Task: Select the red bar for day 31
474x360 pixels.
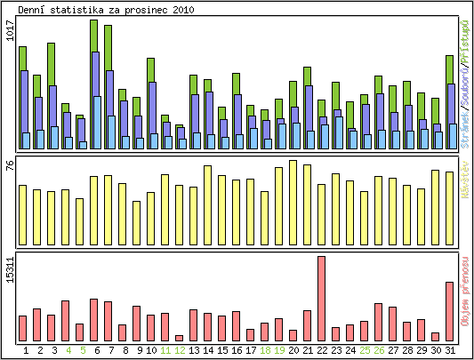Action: tap(450, 311)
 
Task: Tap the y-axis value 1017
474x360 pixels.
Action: tap(10, 31)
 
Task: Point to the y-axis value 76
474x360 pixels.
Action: tap(10, 169)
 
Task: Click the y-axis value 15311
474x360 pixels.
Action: tap(10, 269)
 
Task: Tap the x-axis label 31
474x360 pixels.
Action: tap(450, 350)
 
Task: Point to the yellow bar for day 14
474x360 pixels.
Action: tap(208, 204)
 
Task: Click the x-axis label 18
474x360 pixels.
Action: tap(264, 350)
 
